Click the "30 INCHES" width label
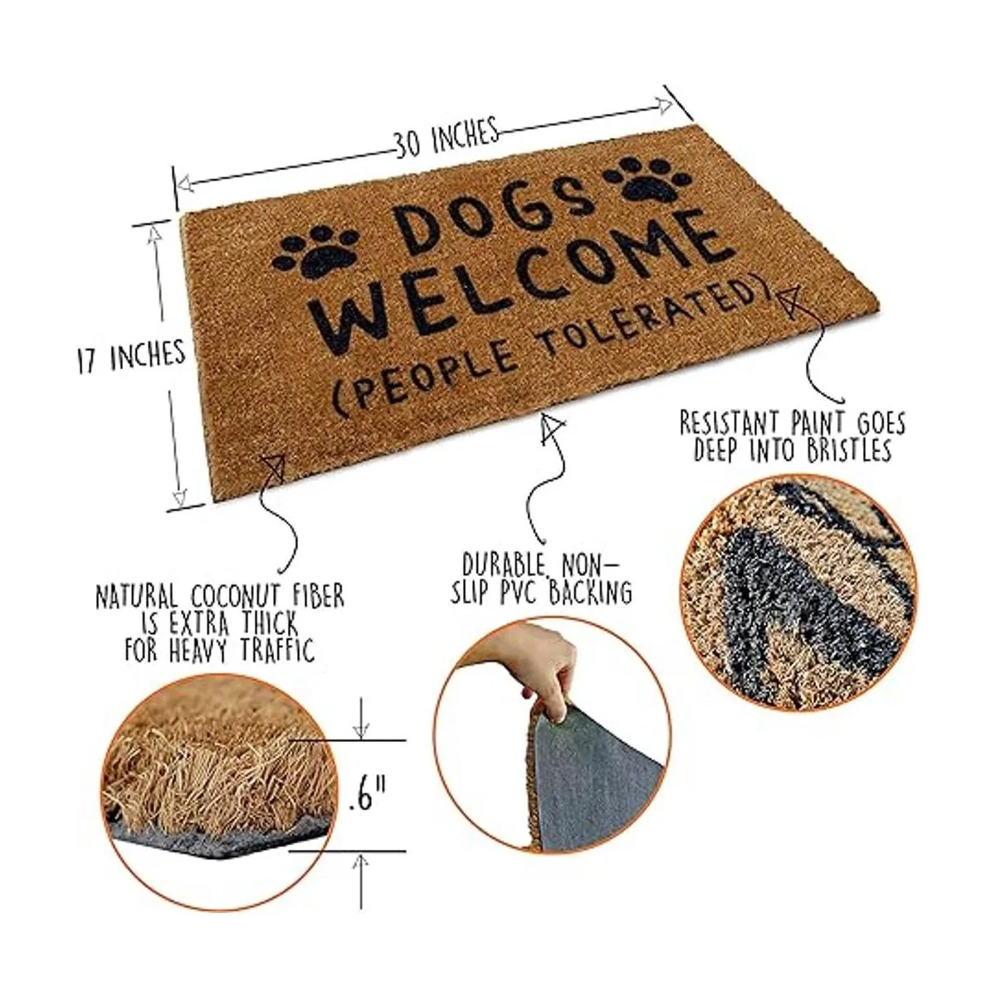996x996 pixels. [447, 137]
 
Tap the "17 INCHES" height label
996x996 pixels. [131, 355]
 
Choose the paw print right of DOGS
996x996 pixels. [649, 179]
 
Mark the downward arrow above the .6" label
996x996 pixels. [361, 719]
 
